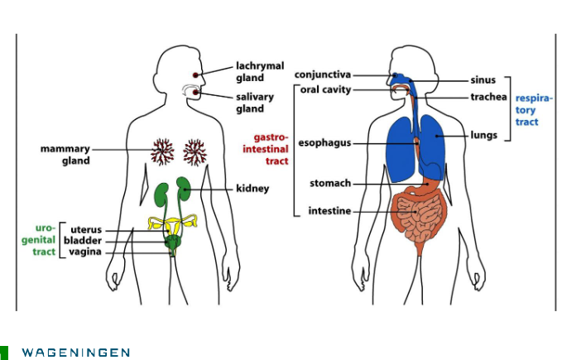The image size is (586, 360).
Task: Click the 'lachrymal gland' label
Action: [259, 71]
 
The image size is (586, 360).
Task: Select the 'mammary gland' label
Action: [65, 155]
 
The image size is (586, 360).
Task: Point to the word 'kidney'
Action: [252, 189]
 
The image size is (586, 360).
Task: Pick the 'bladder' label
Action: [85, 241]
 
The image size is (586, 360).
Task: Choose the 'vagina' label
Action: [85, 252]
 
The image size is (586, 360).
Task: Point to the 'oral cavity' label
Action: [325, 89]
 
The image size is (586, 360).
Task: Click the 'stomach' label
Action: [330, 183]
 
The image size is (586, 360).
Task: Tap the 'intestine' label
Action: [329, 211]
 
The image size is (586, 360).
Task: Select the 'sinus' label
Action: [483, 80]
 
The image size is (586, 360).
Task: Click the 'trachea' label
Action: [488, 97]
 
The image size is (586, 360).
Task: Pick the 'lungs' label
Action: [484, 134]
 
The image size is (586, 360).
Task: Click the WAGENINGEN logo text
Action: [75, 353]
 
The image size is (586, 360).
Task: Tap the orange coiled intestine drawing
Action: [420, 217]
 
